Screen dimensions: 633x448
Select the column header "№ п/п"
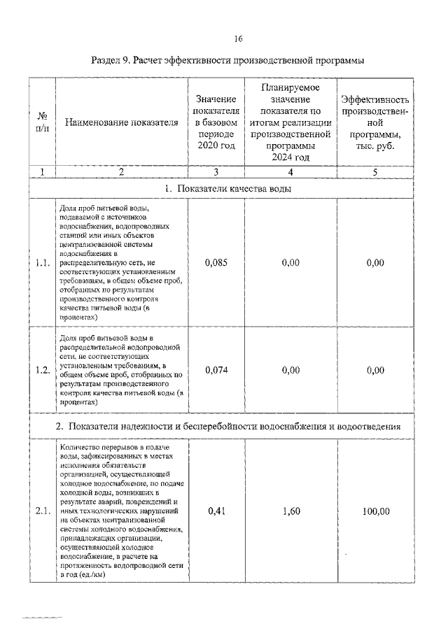point(42,123)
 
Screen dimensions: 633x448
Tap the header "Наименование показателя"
point(121,123)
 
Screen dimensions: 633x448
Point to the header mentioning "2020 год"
point(216,123)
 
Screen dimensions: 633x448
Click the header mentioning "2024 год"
point(290,123)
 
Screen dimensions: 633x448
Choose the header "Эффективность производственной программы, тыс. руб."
point(375,123)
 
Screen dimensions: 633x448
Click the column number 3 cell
point(216,172)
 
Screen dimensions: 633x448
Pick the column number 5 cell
point(375,172)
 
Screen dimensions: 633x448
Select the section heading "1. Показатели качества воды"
point(227,189)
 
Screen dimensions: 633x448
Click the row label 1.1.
point(42,263)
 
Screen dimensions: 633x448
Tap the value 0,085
point(216,263)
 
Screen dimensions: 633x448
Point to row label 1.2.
point(42,370)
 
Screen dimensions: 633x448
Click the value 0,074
point(216,370)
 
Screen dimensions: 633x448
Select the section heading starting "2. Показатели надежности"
point(227,426)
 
